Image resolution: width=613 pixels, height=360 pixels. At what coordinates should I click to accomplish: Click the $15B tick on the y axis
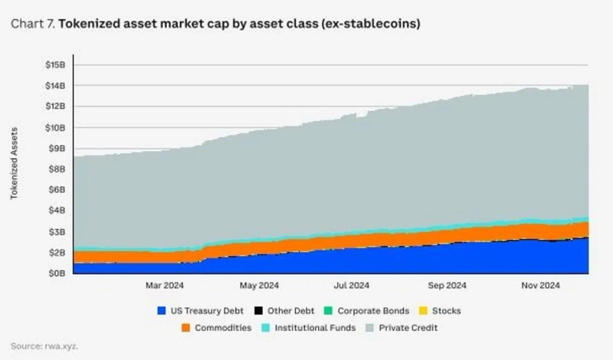click(55, 64)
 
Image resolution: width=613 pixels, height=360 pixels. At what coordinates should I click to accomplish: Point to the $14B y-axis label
click(55, 85)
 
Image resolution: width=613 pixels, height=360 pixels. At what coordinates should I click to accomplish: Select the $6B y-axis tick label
click(56, 189)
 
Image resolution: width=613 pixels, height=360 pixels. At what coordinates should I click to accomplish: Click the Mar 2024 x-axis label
click(164, 286)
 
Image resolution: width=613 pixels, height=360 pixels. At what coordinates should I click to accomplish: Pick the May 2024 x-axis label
click(258, 286)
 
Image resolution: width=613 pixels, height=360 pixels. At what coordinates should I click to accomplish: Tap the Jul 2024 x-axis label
click(352, 286)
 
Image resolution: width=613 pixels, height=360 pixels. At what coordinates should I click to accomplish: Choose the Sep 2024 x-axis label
click(447, 286)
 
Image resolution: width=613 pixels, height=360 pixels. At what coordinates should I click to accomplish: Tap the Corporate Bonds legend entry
click(364, 311)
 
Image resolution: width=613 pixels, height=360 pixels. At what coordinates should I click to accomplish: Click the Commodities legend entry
click(218, 328)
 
